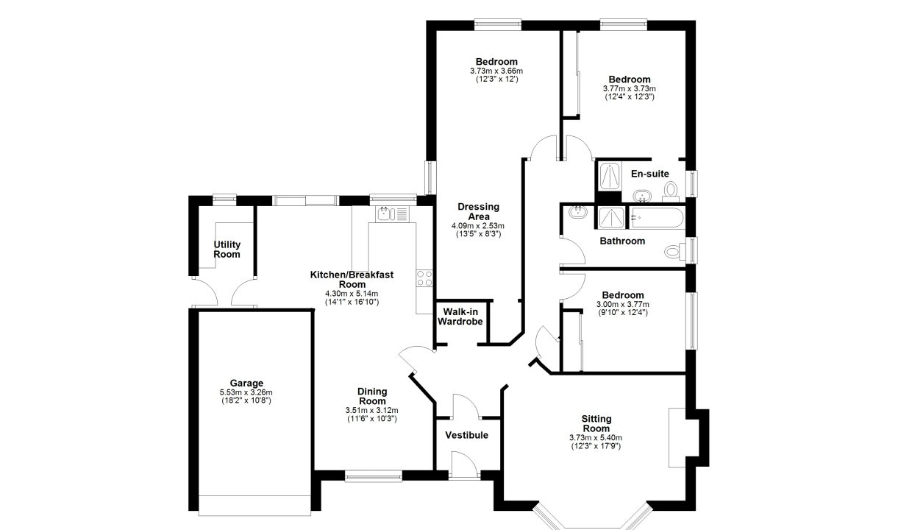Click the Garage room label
coord(246,383)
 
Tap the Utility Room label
coord(227,250)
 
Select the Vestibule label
coord(466,435)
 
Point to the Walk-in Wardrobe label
coord(460,317)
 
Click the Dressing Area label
coord(478,211)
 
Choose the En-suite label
coord(650,174)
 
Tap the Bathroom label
coord(622,241)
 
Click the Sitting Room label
coord(596,424)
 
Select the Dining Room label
coord(372,396)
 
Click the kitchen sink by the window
coord(393,214)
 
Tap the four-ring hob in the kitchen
coord(424,278)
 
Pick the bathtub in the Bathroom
coord(657,218)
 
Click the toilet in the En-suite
coord(671,192)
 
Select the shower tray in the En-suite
coord(610,177)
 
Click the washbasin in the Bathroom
coord(578,212)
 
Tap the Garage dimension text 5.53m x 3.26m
coord(246,392)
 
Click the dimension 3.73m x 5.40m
coord(596,438)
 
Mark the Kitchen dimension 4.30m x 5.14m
coord(352,294)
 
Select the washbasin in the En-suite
coord(642,197)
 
